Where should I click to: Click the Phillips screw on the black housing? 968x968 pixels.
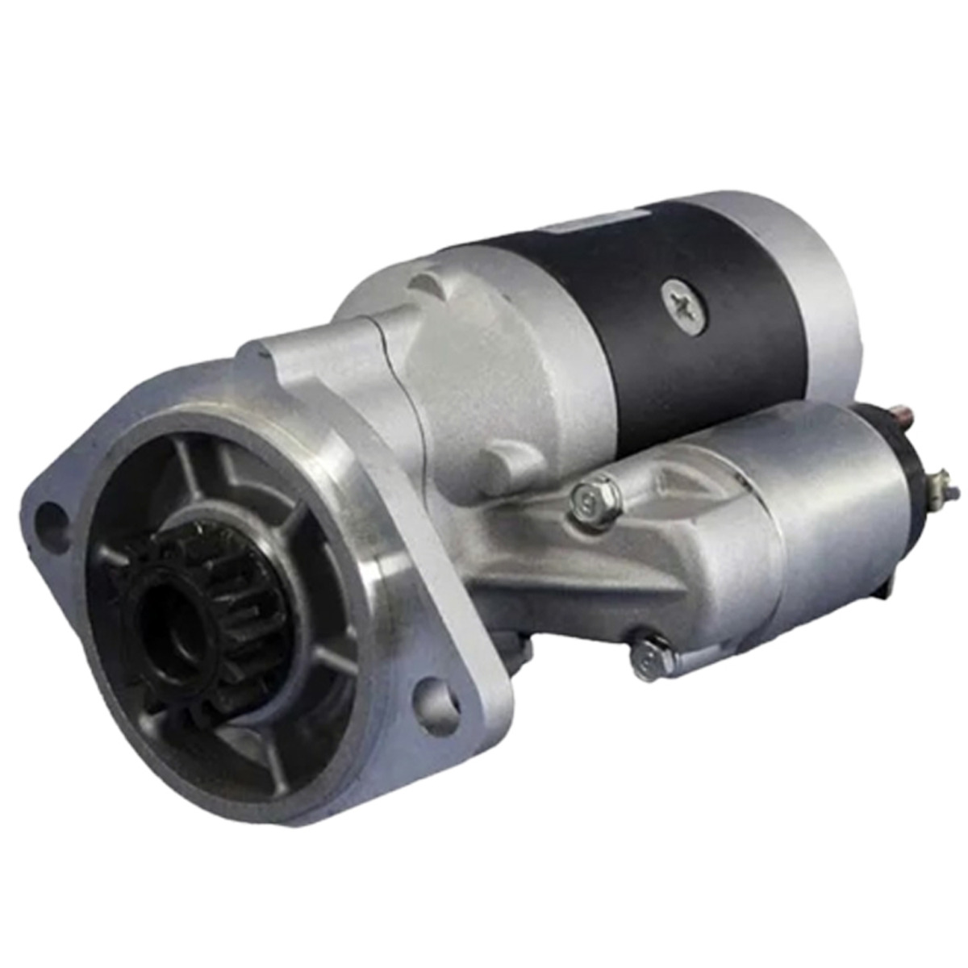684,307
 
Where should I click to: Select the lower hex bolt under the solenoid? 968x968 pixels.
650,657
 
